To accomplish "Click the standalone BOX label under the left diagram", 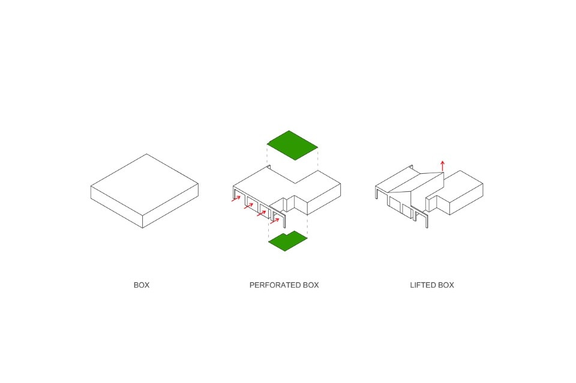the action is [x=142, y=285].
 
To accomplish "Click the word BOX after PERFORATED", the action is [x=311, y=285].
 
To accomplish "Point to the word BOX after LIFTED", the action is [x=446, y=285].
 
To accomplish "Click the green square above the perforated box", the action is [x=292, y=145].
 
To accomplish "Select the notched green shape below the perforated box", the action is [x=287, y=241].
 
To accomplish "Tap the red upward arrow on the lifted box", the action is [x=443, y=165].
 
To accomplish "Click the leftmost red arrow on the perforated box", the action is [x=236, y=198].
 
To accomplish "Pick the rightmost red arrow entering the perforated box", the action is [x=275, y=221].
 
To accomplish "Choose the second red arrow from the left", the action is [x=248, y=206].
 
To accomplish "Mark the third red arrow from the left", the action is [x=262, y=213].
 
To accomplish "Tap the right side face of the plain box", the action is [x=170, y=206].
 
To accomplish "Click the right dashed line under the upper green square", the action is [x=318, y=158].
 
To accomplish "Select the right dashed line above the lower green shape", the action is [x=307, y=225].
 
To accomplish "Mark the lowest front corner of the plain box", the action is [x=143, y=228].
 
